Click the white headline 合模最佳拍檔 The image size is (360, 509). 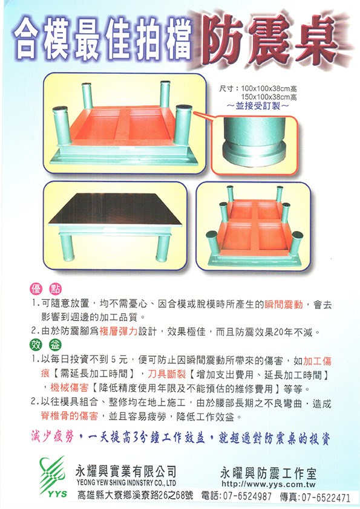(103, 41)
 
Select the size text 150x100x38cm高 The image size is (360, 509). (269, 97)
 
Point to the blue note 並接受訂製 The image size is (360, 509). (257, 106)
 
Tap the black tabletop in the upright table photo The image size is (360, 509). (116, 209)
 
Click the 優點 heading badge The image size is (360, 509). (45, 288)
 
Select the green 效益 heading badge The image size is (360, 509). (45, 345)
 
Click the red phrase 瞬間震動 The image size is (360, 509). (284, 305)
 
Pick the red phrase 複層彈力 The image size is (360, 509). (118, 332)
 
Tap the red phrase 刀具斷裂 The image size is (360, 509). (166, 374)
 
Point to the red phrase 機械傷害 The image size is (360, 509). (70, 387)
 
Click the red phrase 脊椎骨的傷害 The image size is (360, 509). (70, 416)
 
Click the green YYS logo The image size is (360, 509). (53, 476)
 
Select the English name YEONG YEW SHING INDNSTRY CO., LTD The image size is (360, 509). (126, 483)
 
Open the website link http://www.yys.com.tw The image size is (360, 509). (269, 484)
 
